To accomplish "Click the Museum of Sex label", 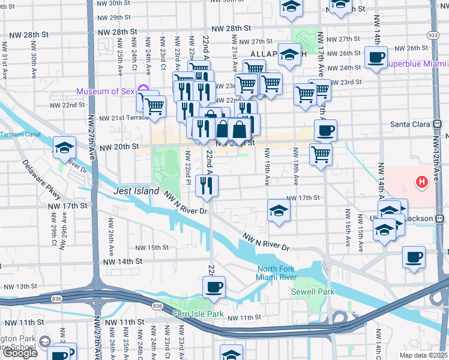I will click(x=106, y=92).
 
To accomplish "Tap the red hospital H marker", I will click(x=422, y=181).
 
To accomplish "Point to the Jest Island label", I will click(x=136, y=191).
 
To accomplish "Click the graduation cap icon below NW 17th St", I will click(x=279, y=211).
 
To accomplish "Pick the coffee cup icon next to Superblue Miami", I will click(x=376, y=58).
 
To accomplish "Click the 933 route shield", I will click(x=433, y=35).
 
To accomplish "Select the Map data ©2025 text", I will click(x=423, y=355).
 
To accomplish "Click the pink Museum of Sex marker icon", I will click(x=143, y=90).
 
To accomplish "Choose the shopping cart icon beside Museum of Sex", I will click(x=155, y=106).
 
